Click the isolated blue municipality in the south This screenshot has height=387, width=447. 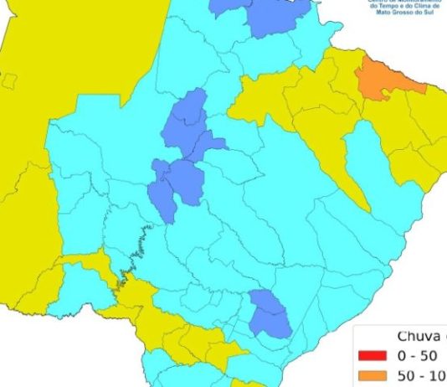[270, 314]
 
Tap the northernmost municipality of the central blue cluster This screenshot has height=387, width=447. [190, 113]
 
